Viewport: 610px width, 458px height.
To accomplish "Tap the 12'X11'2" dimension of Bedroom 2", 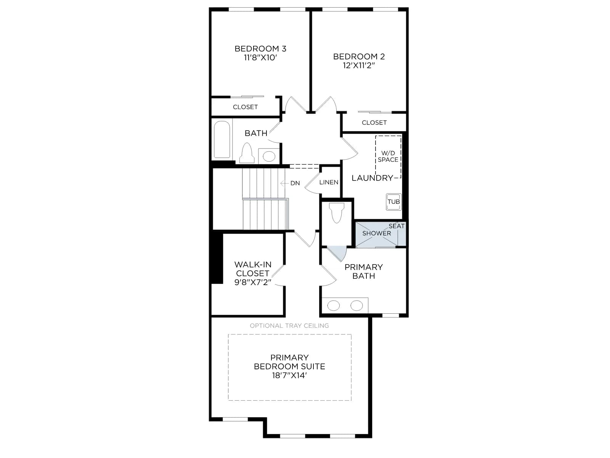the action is point(359,66).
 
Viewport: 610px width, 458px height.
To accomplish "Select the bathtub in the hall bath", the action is point(222,139).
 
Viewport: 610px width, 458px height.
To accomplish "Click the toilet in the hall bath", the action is point(247,153).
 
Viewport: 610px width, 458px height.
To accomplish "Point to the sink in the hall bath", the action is point(269,156).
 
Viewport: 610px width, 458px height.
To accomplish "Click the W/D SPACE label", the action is point(388,156).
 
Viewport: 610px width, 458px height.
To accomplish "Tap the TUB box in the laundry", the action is point(393,202).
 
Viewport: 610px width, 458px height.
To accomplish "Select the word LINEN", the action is point(329,182).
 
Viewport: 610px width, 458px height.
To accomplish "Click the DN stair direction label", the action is point(295,183).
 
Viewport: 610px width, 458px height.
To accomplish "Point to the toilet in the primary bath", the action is point(337,213).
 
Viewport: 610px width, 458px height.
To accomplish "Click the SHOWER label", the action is point(377,233).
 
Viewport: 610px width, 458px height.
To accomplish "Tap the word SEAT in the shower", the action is point(396,226).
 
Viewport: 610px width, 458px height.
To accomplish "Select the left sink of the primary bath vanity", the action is point(334,306).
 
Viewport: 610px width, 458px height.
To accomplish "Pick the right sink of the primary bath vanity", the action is point(356,306).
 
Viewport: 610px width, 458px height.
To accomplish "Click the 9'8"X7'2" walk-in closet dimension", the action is point(253,282).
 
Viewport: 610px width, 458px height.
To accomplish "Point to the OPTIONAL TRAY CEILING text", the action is point(289,326).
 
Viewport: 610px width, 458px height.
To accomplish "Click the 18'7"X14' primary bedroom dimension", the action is point(289,376).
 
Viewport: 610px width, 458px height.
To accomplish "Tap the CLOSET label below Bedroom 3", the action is point(245,107).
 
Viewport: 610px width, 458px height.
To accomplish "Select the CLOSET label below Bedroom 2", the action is point(374,123).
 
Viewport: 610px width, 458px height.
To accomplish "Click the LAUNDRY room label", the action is point(372,178).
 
